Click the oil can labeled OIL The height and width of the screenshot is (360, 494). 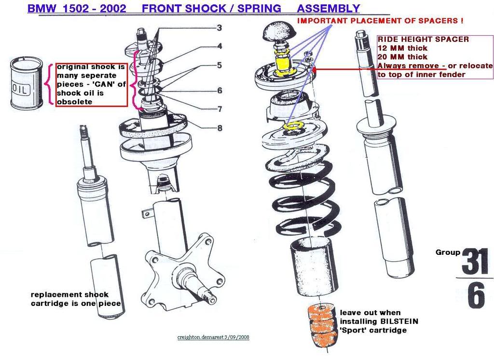click(27, 83)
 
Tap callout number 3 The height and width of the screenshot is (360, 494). click(219, 28)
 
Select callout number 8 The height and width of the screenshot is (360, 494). click(220, 128)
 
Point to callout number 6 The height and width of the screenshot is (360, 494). click(220, 90)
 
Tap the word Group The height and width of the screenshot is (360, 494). click(447, 252)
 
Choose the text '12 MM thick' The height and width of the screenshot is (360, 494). click(402, 48)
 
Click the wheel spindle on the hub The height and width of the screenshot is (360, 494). click(199, 284)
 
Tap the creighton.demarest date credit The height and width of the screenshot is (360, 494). click(213, 337)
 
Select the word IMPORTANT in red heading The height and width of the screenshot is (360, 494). click(321, 21)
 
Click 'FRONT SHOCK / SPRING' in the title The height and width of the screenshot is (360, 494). click(212, 8)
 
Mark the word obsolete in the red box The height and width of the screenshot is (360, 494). click(73, 102)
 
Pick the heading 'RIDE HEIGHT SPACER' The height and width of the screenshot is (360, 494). click(423, 39)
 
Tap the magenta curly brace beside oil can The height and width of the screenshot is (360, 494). click(48, 85)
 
